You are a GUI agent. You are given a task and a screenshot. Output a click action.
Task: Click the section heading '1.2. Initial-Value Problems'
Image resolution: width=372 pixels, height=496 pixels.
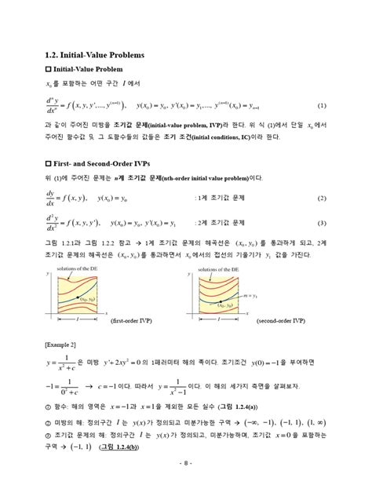(93, 54)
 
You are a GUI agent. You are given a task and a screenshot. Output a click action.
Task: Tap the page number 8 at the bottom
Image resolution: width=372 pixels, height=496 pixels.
(186, 484)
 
